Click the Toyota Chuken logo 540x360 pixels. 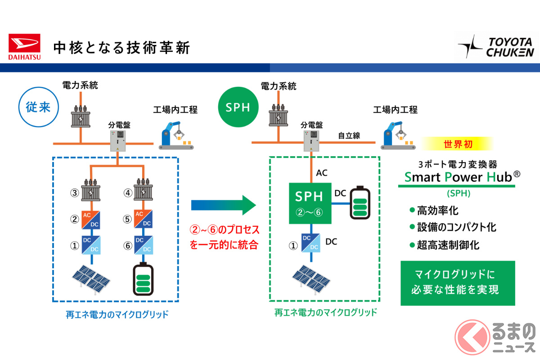(x=495, y=47)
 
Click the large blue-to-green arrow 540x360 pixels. (x=223, y=205)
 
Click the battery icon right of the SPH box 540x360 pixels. (x=360, y=203)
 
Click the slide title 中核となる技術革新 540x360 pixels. (x=121, y=48)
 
